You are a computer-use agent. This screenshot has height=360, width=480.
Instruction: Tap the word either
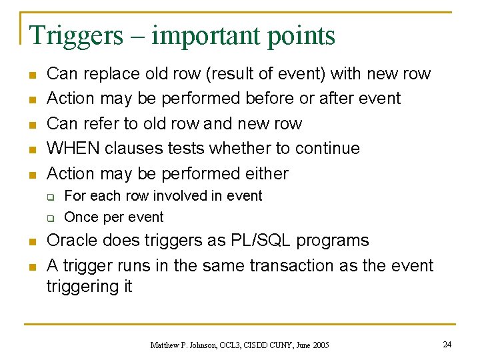click(266, 173)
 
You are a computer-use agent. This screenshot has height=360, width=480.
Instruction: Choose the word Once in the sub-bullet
click(81, 217)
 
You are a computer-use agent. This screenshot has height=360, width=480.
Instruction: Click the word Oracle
click(73, 241)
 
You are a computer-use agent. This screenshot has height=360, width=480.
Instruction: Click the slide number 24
click(446, 344)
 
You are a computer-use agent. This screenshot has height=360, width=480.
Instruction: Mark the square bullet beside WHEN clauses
click(31, 149)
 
